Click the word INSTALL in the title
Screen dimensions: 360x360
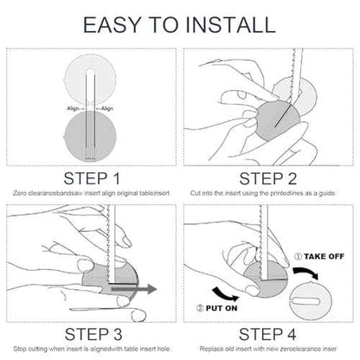(x=231, y=25)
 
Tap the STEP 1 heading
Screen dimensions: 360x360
(x=92, y=178)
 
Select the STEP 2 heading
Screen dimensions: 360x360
(x=267, y=178)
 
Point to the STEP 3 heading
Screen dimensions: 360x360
(x=93, y=334)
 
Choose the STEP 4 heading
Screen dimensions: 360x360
(x=267, y=334)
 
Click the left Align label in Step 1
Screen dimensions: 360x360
(x=74, y=108)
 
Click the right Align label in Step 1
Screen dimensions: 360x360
(x=107, y=108)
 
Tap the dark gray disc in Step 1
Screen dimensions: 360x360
(x=90, y=136)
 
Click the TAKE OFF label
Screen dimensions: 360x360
(x=324, y=256)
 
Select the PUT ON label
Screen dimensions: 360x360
(x=222, y=308)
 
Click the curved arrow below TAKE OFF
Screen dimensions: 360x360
(x=306, y=273)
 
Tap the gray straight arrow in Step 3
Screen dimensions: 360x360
(x=134, y=289)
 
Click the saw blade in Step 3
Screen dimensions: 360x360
(x=111, y=244)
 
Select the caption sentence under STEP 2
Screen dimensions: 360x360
(x=263, y=193)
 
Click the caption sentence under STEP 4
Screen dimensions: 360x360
(x=268, y=349)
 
